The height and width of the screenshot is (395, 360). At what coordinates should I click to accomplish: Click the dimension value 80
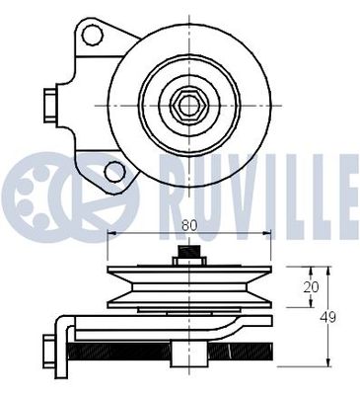[188, 224]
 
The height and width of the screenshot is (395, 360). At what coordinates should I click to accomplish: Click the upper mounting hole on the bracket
[93, 37]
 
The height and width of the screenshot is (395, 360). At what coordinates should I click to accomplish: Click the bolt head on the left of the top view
[49, 101]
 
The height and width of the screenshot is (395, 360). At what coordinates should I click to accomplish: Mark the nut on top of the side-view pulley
[188, 256]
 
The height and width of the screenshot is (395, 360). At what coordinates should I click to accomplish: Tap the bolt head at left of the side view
[49, 350]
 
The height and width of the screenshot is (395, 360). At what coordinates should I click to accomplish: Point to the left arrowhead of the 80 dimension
[109, 234]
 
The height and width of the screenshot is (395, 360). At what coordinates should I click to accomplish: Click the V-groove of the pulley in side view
[188, 292]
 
